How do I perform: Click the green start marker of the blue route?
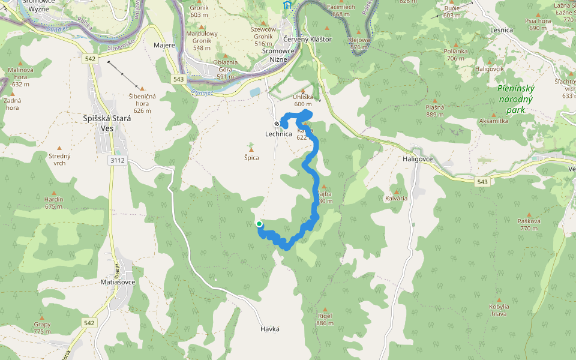(x=259, y=224)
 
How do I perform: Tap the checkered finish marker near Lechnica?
(x=277, y=124)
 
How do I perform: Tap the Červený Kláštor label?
(x=307, y=39)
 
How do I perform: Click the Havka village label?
(x=270, y=329)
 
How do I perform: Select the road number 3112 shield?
(x=118, y=160)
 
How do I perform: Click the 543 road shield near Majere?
(x=178, y=79)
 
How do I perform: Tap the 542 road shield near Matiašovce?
(x=89, y=323)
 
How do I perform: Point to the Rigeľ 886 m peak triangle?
(x=324, y=307)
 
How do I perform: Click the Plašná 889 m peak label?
(x=435, y=110)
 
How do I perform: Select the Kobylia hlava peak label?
(x=499, y=310)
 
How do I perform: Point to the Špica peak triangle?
(x=251, y=145)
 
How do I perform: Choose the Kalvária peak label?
(x=396, y=198)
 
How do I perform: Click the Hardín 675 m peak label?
(x=53, y=203)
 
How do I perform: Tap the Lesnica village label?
(x=501, y=29)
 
